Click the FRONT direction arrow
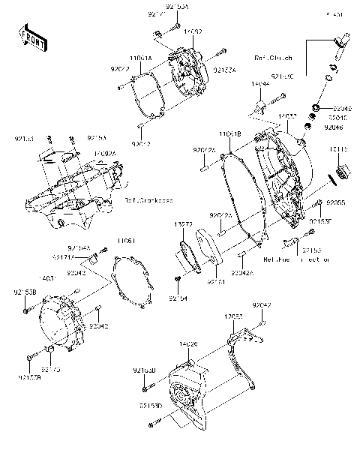point(29,37)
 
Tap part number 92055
point(335,202)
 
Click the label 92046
point(334,127)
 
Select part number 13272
point(184,224)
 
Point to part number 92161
point(217,282)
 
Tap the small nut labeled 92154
point(178,280)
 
